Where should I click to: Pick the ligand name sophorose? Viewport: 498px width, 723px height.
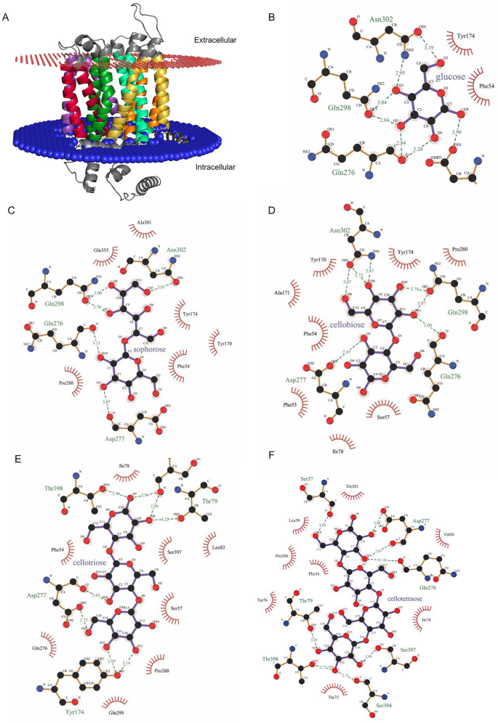[149, 349]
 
